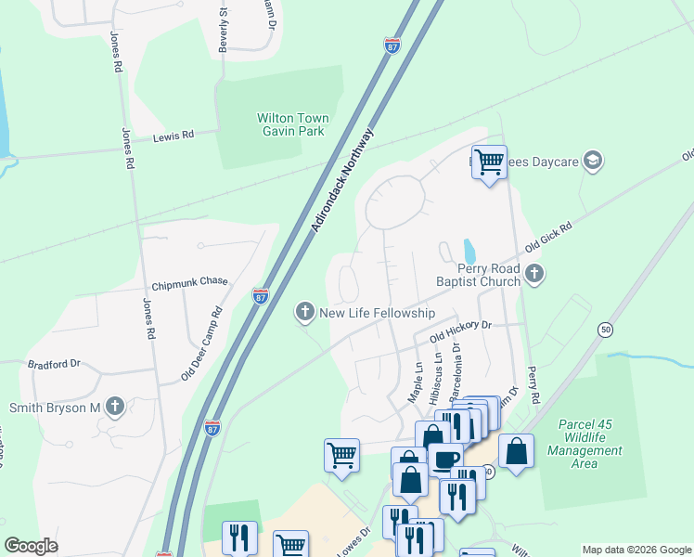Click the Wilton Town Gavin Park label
pyautogui.click(x=291, y=125)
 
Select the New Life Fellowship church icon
pyautogui.click(x=305, y=313)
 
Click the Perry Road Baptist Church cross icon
pyautogui.click(x=534, y=273)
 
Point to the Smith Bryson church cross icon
pyautogui.click(x=114, y=407)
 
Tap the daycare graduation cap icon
pyautogui.click(x=593, y=162)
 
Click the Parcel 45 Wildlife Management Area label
pyautogui.click(x=591, y=444)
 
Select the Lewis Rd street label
pyautogui.click(x=173, y=136)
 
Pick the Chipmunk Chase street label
pyautogui.click(x=189, y=283)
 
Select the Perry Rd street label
pyautogui.click(x=533, y=383)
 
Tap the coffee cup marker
pyautogui.click(x=445, y=459)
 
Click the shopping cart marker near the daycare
pyautogui.click(x=489, y=162)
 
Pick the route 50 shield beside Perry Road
pyautogui.click(x=605, y=329)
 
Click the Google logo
pyautogui.click(x=31, y=546)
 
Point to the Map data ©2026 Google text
pyautogui.click(x=636, y=550)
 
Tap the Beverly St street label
pyautogui.click(x=223, y=31)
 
